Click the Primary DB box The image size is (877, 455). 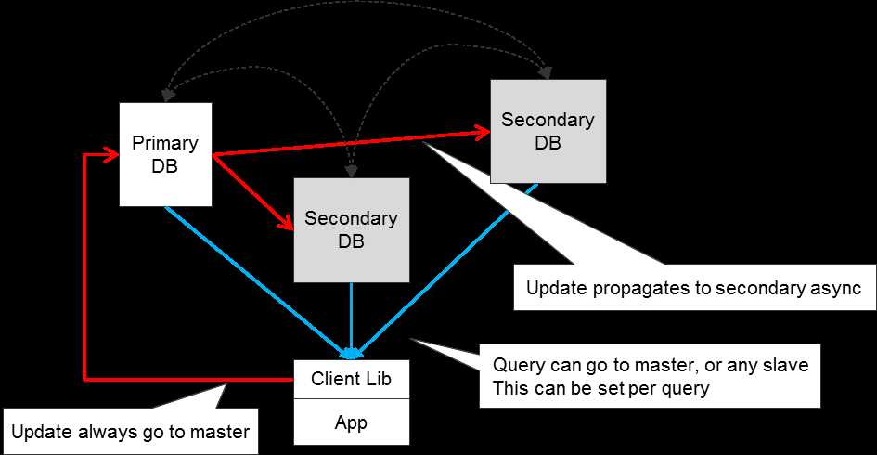(165, 155)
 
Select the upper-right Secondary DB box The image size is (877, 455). (548, 131)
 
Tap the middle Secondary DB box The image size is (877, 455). (351, 230)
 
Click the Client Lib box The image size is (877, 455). (351, 379)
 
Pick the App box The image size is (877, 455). (351, 423)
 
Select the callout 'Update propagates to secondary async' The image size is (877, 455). (694, 288)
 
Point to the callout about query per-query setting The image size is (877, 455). (650, 376)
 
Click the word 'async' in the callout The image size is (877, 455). (838, 288)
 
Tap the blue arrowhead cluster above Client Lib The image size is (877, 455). (351, 353)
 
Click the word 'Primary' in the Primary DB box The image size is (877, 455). (165, 144)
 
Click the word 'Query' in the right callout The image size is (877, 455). (513, 365)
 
